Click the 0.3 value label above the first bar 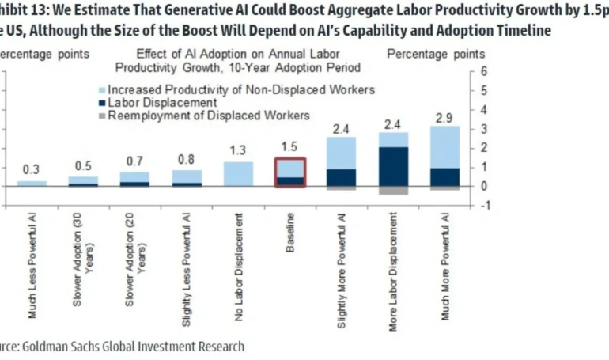pos(32,169)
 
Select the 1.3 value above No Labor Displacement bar pos(238,150)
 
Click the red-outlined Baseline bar pos(289,172)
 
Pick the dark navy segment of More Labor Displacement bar pos(393,166)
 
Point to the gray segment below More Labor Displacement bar pos(393,191)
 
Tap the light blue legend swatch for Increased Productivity pos(100,89)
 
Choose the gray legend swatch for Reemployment pos(100,116)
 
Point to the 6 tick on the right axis pos(494,71)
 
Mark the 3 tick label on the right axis pos(494,129)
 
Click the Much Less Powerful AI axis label pos(32,266)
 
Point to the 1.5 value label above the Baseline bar pos(290,147)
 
